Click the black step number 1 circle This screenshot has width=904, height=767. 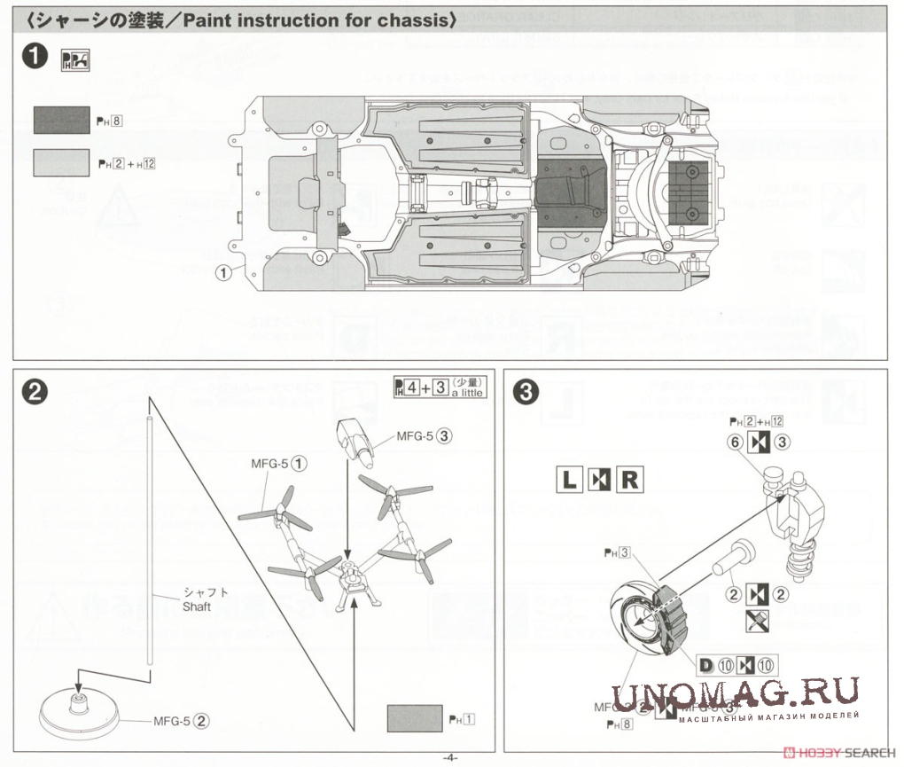[x=35, y=57]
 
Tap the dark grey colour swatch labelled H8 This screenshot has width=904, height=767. [x=60, y=121]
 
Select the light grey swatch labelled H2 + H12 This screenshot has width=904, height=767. [x=60, y=161]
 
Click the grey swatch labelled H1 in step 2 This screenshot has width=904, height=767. [x=415, y=716]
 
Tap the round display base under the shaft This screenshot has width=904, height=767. [x=79, y=710]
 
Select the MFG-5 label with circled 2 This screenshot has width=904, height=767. [x=181, y=720]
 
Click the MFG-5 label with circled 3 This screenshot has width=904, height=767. [x=425, y=435]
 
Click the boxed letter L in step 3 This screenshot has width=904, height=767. [x=569, y=480]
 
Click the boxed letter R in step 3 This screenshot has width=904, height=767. [x=628, y=480]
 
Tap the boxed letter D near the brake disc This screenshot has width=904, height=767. [x=706, y=665]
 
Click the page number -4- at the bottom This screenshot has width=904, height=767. [x=449, y=757]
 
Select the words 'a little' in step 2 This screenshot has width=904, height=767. [x=468, y=392]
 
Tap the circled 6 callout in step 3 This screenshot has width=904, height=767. [x=734, y=442]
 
